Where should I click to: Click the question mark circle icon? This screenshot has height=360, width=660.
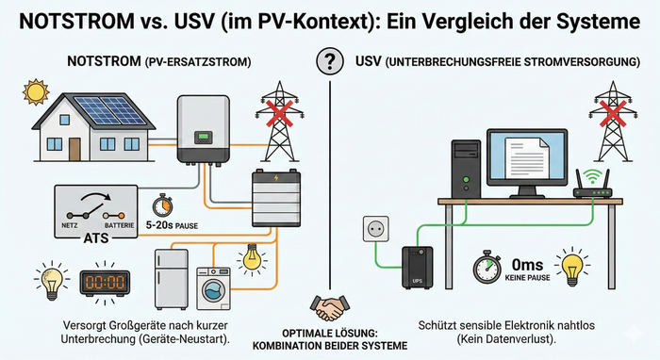coord(330,61)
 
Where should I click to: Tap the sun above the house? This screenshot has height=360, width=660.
coord(36,91)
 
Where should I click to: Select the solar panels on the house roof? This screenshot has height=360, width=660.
coord(110,110)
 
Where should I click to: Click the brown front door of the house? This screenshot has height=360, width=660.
coord(74,149)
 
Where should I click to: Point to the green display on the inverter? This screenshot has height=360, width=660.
coord(204,137)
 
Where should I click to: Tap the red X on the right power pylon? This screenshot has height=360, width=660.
coord(613,113)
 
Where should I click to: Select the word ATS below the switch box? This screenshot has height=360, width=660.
coord(96,238)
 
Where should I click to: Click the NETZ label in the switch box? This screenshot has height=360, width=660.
coord(70,225)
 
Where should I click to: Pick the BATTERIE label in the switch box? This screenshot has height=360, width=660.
coord(120,225)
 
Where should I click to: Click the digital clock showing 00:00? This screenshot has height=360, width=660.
coord(105,282)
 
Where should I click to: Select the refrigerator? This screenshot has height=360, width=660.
coord(172,279)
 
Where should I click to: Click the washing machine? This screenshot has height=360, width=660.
coord(214,289)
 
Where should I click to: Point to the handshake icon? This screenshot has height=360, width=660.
coord(330,308)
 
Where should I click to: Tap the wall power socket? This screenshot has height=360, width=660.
coord(376,229)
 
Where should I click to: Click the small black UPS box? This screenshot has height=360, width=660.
coord(417,268)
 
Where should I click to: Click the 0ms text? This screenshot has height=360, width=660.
coord(527,265)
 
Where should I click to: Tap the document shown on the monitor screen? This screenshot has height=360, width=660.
coord(527,158)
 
